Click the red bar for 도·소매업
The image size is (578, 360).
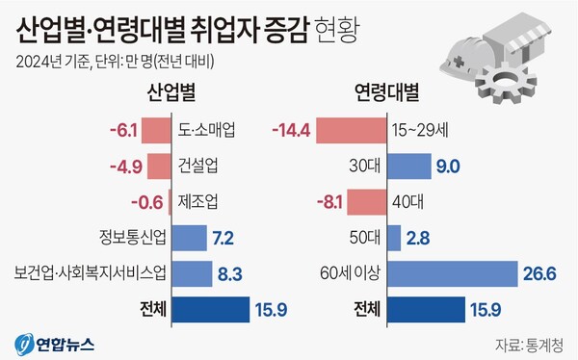coord(160,129)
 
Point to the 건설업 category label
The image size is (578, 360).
coord(197,166)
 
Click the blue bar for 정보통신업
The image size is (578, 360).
coord(192,238)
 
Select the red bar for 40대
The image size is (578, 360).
coord(364,202)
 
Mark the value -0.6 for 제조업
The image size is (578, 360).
coord(147,202)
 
